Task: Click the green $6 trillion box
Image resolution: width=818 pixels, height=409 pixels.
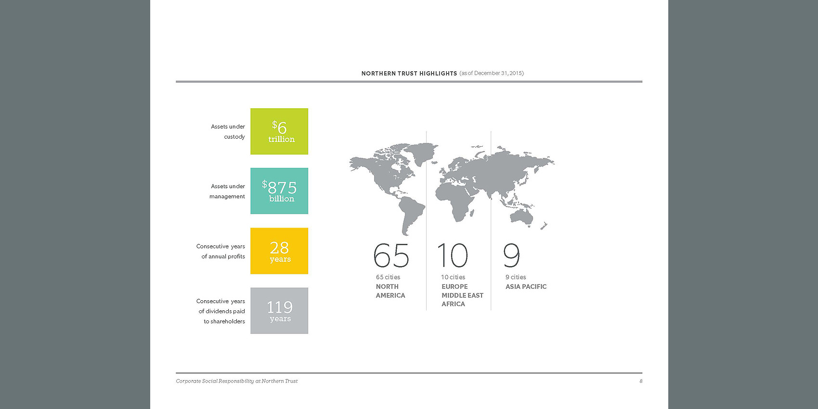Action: coord(279,131)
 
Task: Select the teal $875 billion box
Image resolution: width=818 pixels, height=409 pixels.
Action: coord(279,191)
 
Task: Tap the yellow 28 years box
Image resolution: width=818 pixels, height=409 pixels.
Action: coord(279,251)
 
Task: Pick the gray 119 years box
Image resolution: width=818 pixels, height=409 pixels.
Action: coord(279,310)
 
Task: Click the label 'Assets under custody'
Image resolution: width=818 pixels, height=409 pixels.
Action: coord(228,132)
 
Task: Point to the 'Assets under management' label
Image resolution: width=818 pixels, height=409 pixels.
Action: coord(227,191)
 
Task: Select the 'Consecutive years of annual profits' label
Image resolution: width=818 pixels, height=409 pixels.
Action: coord(221,251)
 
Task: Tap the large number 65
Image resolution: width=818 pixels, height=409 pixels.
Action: coord(391,256)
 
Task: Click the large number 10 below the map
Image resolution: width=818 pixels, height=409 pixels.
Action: coord(453,256)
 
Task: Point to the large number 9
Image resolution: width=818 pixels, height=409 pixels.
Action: coord(512,256)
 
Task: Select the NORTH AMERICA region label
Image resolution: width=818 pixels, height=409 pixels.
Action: coord(390,291)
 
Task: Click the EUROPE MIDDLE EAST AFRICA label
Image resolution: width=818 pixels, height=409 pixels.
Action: coord(462,295)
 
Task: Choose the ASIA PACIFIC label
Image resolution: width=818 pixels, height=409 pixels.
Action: coord(526,287)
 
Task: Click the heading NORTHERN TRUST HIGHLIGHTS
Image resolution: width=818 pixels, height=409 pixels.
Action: coord(409,73)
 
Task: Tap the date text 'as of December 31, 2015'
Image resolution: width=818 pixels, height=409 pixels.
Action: coord(492,73)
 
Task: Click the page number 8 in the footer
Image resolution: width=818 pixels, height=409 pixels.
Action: coord(641,381)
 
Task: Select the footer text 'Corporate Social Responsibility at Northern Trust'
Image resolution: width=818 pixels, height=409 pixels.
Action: coord(236,381)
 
